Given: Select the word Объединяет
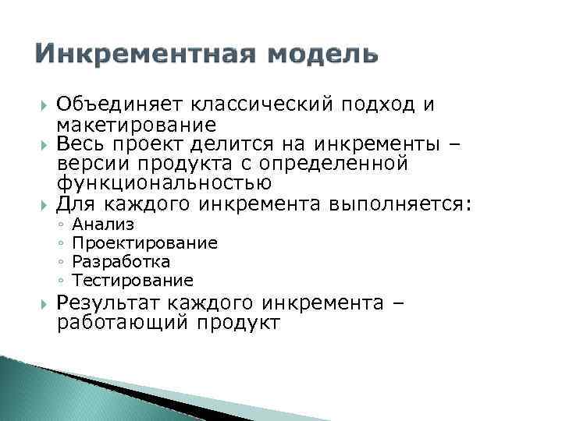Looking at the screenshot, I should point(108,104).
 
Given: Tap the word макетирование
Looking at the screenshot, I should point(136,125).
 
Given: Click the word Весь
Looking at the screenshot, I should point(81,144).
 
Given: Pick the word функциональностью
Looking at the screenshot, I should point(164,184).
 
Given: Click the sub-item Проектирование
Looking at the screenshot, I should point(144,243).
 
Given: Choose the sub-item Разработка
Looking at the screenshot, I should point(120,261).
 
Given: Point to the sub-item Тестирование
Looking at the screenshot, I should point(132,279).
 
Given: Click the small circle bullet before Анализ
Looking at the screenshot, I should point(60,226).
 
